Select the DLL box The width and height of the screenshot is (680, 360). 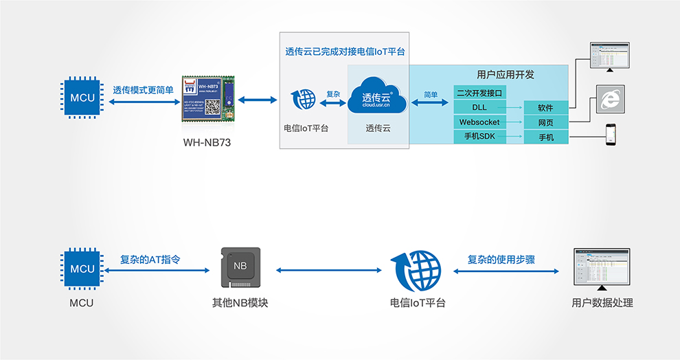479,107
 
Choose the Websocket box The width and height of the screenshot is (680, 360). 479,122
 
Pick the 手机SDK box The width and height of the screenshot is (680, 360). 479,137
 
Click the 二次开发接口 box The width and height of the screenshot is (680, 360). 479,93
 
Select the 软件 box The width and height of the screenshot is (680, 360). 545,108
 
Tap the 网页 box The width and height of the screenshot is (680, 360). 545,123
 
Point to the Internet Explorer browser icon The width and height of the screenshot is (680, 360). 609,100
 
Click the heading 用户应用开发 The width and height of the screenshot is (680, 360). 505,74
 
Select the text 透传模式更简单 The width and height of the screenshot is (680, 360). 143,90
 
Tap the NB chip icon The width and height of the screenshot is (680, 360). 240,267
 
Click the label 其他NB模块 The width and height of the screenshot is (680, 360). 240,302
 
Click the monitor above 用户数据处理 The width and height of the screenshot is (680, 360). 602,269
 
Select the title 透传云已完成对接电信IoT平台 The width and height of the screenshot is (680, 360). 345,52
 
